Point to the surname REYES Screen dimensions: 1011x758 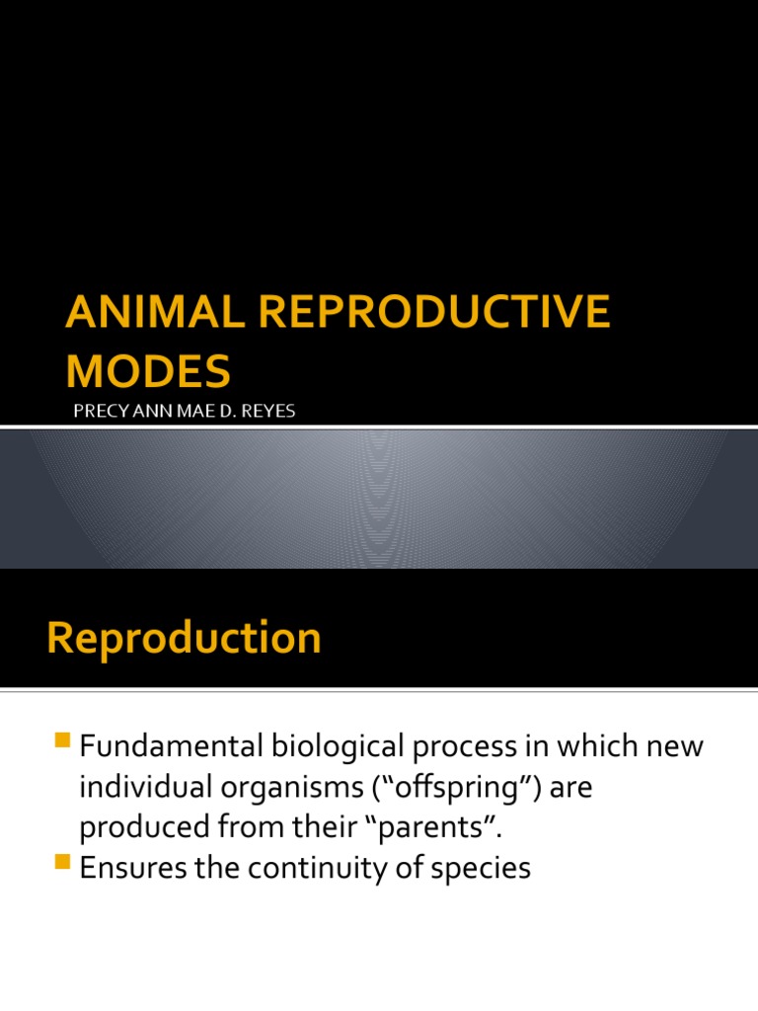tap(269, 411)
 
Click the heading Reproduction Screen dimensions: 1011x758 tap(184, 638)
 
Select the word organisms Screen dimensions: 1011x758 tap(302, 789)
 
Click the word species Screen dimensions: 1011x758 tap(485, 870)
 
